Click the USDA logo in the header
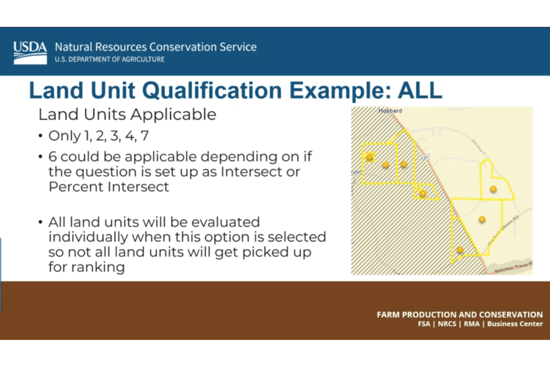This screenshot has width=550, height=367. coord(30,53)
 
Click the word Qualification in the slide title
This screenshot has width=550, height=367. coord(212,91)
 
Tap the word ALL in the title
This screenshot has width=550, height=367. coord(420,91)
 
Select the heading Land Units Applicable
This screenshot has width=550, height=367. coord(127,115)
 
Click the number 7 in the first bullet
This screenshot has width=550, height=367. coord(145,136)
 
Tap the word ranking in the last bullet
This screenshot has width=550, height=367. coord(98,267)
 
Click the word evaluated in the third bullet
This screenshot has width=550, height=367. coord(225,222)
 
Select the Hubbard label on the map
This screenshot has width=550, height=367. coord(390,111)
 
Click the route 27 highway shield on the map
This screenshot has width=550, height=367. coord(426,157)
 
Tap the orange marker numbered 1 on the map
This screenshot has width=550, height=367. coord(370,157)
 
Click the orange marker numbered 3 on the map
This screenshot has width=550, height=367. coord(404,164)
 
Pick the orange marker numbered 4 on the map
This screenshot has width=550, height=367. coord(423,193)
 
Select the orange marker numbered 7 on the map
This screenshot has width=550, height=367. coord(460,249)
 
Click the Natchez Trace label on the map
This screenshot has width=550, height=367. coord(513,267)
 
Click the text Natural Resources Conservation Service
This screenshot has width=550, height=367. coord(156,47)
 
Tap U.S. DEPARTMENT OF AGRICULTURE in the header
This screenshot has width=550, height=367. coord(109,59)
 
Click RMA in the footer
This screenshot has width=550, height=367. coord(472,324)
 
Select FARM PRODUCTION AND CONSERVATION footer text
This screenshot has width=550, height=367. coord(459,315)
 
